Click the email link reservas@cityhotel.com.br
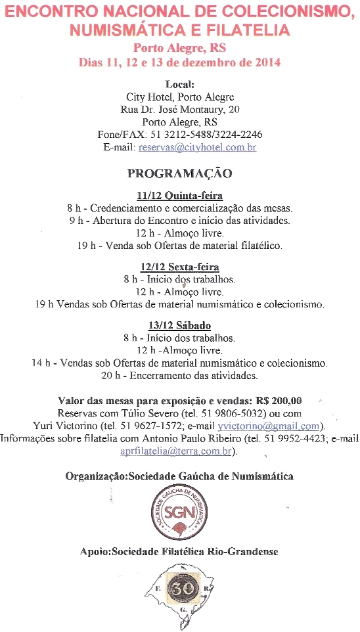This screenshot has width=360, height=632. click(197, 148)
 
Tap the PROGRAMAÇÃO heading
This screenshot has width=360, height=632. click(179, 173)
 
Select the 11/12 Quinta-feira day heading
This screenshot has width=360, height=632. click(179, 196)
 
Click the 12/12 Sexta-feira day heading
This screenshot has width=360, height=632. click(179, 267)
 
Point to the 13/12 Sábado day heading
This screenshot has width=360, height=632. click(179, 326)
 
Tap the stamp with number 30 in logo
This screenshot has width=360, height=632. click(179, 589)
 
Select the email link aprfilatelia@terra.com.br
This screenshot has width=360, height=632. click(178, 451)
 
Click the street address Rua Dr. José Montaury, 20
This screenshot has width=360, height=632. click(180, 109)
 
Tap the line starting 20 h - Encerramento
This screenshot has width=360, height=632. click(179, 375)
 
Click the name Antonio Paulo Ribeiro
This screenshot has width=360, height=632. click(194, 438)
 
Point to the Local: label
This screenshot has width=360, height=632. click(179, 84)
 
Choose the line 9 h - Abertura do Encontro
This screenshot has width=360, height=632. click(179, 221)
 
